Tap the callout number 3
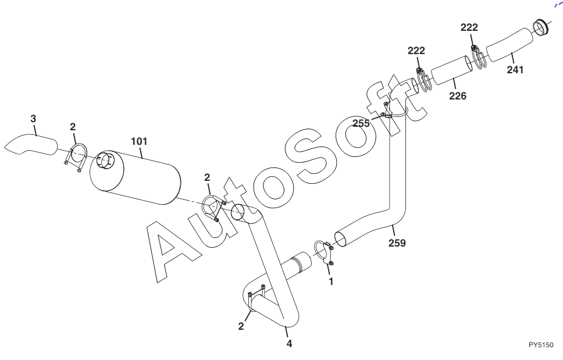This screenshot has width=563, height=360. pos(33,119)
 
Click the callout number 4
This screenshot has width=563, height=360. pos(289,343)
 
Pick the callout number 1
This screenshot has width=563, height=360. pos(332,281)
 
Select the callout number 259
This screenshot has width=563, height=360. pos(397,243)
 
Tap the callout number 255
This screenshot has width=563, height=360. pos(361,123)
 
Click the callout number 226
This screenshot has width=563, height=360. pos(457,96)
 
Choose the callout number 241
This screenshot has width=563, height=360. pos(515,70)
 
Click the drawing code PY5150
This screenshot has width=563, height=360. pos(541,345)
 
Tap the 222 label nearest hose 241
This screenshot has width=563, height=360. pos(469,27)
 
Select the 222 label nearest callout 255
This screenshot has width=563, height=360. pos(416,51)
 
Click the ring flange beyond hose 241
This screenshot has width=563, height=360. pos(541,27)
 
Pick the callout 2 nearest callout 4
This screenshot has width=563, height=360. pos(241,326)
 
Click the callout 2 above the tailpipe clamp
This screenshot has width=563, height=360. pos(73,126)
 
